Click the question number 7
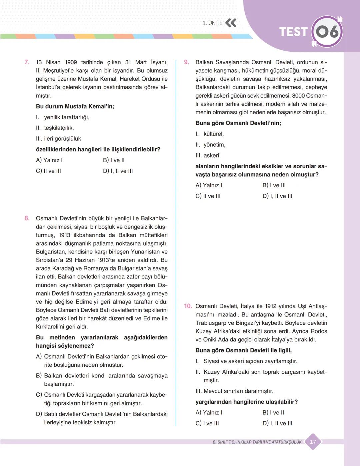point(27,62)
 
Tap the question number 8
point(27,219)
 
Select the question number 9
point(187,62)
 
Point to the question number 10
point(188,306)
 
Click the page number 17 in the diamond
point(313,442)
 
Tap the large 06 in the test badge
point(327,32)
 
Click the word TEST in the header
point(293,32)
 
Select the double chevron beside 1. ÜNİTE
point(231,23)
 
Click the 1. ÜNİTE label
point(212,23)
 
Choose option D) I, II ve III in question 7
point(118,171)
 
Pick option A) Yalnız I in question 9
point(209,186)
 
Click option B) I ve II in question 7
point(114,160)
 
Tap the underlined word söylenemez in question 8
point(74,346)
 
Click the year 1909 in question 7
point(71,62)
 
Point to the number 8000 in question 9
point(298,96)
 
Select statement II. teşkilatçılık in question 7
point(55,128)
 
